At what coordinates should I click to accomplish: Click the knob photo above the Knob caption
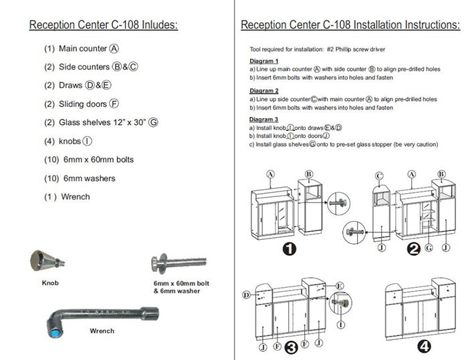point(45,261)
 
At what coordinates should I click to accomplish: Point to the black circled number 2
point(415,250)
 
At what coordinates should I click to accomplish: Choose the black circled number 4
point(424,346)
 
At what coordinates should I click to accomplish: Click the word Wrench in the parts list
point(76,197)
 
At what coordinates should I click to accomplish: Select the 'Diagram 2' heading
point(263,91)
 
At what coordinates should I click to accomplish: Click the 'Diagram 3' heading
point(263,120)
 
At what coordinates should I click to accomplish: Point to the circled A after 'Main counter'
point(115,49)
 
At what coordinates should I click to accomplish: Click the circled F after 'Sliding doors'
point(115,104)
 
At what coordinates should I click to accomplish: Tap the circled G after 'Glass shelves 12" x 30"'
point(154,123)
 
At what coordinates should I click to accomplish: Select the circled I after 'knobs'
point(88,142)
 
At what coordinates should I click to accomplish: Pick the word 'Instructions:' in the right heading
point(428,25)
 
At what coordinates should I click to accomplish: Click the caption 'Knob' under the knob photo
point(49,283)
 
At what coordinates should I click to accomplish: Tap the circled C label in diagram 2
point(379,176)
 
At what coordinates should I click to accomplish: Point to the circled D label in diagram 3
point(247,294)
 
